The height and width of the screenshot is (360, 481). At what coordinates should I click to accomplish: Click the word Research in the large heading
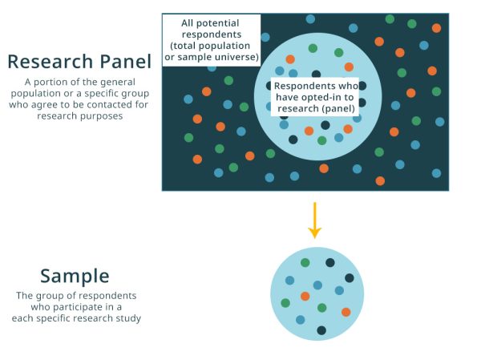(50, 62)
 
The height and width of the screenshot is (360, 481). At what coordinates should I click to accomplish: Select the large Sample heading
(75, 276)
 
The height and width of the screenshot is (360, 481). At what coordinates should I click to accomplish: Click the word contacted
(106, 105)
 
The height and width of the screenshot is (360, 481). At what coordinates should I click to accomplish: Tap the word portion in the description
(48, 83)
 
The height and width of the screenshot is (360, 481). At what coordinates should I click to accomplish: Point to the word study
(129, 318)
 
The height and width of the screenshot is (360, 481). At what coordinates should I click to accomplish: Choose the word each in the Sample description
(21, 318)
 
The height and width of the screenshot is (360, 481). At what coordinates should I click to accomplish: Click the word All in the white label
(187, 23)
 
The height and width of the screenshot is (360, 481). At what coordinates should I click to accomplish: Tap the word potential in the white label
(217, 23)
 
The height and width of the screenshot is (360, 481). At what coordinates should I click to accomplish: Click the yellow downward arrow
(315, 220)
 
